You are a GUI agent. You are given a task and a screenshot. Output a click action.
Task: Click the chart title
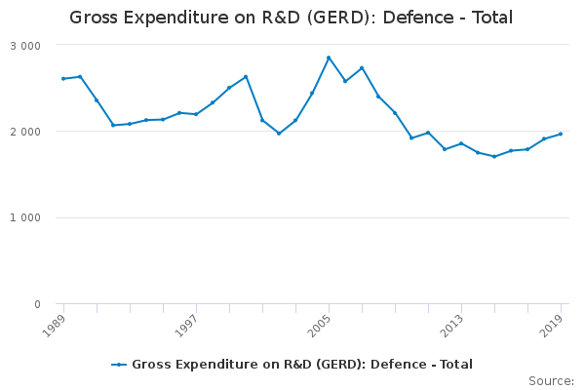(x=291, y=18)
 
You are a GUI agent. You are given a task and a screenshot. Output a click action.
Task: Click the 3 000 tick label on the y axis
(x=25, y=46)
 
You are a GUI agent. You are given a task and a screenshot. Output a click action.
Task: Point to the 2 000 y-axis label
(x=25, y=133)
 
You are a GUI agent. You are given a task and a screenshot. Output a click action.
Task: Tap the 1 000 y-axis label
(x=25, y=217)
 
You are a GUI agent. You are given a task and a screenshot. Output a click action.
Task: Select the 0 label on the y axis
(x=37, y=304)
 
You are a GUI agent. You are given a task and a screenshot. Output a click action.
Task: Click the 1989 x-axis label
(x=55, y=326)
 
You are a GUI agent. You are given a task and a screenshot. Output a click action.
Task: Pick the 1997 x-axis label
(x=187, y=326)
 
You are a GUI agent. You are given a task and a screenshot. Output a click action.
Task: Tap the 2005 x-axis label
(x=320, y=326)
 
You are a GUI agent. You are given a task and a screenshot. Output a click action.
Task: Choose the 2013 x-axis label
(x=452, y=326)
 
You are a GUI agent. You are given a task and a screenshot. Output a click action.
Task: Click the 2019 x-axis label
(x=552, y=326)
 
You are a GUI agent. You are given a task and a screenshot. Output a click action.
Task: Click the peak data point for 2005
(x=329, y=58)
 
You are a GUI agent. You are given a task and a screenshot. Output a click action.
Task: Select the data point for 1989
(x=63, y=79)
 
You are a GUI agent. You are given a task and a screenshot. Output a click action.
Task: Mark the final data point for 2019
(x=561, y=134)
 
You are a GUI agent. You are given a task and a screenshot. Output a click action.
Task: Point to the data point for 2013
(x=461, y=143)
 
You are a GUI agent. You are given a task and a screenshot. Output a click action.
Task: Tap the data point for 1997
(x=196, y=114)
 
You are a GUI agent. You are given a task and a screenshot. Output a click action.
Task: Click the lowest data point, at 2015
(x=494, y=157)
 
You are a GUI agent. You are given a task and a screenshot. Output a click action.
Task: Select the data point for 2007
(x=362, y=68)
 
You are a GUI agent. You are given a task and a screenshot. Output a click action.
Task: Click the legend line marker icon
(x=119, y=365)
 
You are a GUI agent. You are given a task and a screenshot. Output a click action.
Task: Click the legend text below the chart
(x=302, y=365)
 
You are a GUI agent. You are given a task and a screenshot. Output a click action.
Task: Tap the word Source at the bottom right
(x=551, y=381)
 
